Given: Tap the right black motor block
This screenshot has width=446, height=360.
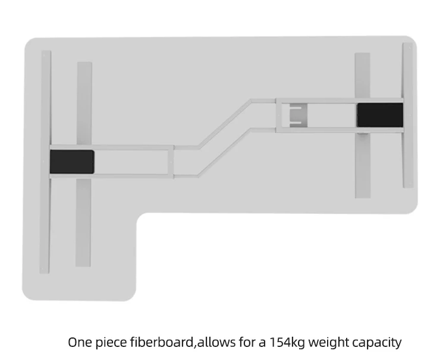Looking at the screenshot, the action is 379,114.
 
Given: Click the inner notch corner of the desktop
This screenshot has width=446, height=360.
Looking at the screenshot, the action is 142,216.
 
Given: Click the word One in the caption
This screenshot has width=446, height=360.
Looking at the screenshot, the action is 79,342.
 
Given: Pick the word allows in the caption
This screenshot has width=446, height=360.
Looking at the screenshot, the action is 216,342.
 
